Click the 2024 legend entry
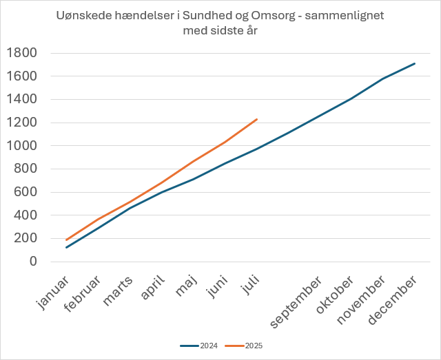tap(199, 346)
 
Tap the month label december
tap(393, 301)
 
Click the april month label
tap(153, 289)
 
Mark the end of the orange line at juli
tap(257, 119)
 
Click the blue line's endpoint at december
tap(415, 63)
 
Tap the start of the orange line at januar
tap(66, 240)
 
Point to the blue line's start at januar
tap(66, 248)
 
